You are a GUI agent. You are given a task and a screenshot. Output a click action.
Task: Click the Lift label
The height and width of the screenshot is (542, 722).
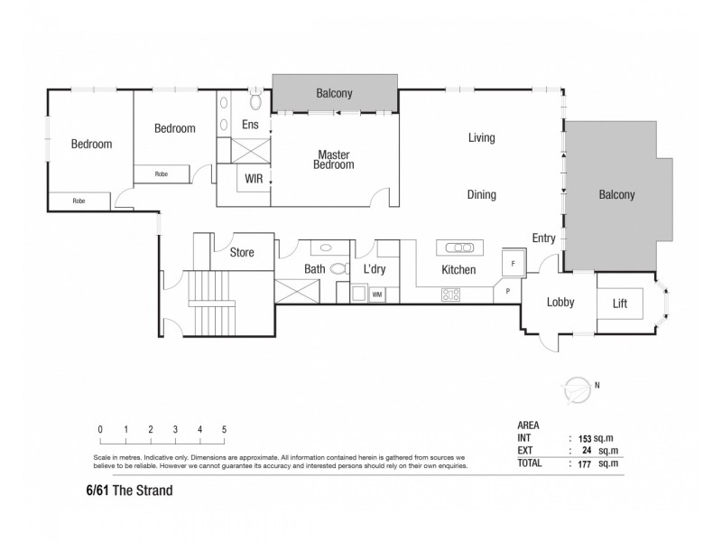pyautogui.click(x=619, y=304)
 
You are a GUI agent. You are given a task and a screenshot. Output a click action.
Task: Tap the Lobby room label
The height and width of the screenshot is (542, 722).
pyautogui.click(x=560, y=304)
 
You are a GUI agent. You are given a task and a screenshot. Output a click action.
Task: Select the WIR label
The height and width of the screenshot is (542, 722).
pyautogui.click(x=254, y=180)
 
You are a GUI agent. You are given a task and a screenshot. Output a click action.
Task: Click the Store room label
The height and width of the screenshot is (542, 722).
pyautogui.click(x=242, y=254)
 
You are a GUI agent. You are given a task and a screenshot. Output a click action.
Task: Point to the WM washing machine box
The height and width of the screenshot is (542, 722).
pyautogui.click(x=376, y=294)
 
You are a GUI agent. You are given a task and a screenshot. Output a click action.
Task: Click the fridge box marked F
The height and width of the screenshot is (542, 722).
pyautogui.click(x=513, y=262)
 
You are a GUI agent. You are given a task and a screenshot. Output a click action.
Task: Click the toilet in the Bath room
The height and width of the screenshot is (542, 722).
pyautogui.click(x=340, y=268)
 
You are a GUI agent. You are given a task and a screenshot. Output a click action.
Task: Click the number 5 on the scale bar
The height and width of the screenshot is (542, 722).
pyautogui.click(x=224, y=429)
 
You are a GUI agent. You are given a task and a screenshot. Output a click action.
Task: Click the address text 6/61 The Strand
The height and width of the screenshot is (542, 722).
pyautogui.click(x=123, y=492)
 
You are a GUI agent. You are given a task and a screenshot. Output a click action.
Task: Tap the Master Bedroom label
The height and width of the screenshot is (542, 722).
pyautogui.click(x=333, y=160)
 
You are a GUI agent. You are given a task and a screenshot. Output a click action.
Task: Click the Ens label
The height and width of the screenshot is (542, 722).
pyautogui.click(x=250, y=126)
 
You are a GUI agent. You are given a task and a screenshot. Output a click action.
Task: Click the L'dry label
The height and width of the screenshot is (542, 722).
pyautogui.click(x=375, y=270)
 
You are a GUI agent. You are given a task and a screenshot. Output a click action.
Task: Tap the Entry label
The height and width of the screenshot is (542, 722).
pyautogui.click(x=544, y=238)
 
